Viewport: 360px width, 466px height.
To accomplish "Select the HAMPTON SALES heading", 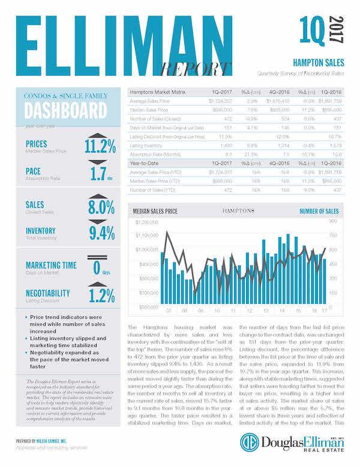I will (x=318, y=62).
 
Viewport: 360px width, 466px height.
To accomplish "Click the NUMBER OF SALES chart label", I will (x=319, y=211).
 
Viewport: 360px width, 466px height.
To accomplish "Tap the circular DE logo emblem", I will (x=249, y=442).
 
